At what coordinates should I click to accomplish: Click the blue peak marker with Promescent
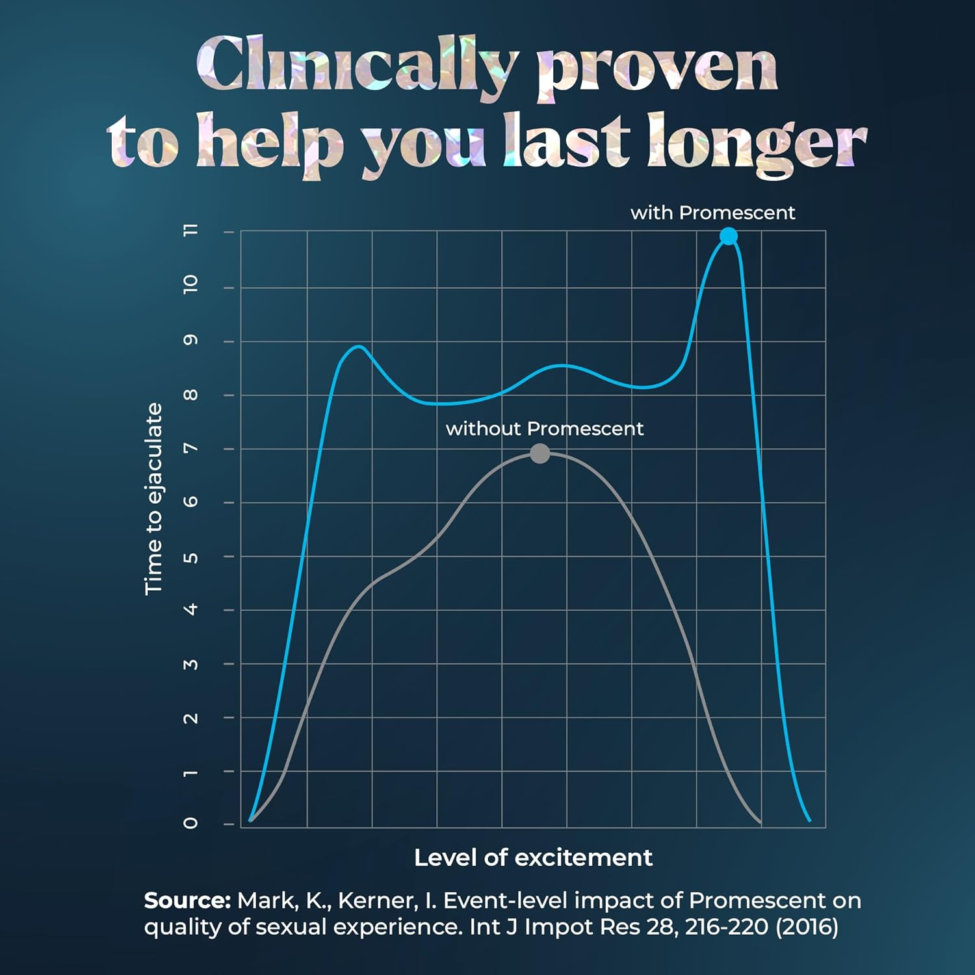(729, 237)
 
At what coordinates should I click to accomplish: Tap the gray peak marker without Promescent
(539, 454)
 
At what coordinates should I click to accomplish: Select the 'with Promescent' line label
(712, 213)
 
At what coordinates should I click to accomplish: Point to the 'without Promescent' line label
(545, 429)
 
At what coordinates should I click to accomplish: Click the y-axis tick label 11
(191, 230)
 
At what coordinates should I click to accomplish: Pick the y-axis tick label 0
(191, 823)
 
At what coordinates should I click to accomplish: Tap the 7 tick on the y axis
(191, 448)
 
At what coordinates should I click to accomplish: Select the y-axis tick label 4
(191, 609)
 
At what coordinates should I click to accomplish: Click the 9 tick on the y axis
(191, 341)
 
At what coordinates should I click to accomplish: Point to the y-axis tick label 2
(191, 718)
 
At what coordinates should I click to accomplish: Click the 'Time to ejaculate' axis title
(153, 499)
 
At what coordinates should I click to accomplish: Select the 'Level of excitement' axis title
(533, 858)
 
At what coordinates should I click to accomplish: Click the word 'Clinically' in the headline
(356, 65)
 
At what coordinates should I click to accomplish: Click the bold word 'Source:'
(187, 901)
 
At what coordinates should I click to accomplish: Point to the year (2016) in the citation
(807, 926)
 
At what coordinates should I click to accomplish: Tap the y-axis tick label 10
(191, 283)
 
